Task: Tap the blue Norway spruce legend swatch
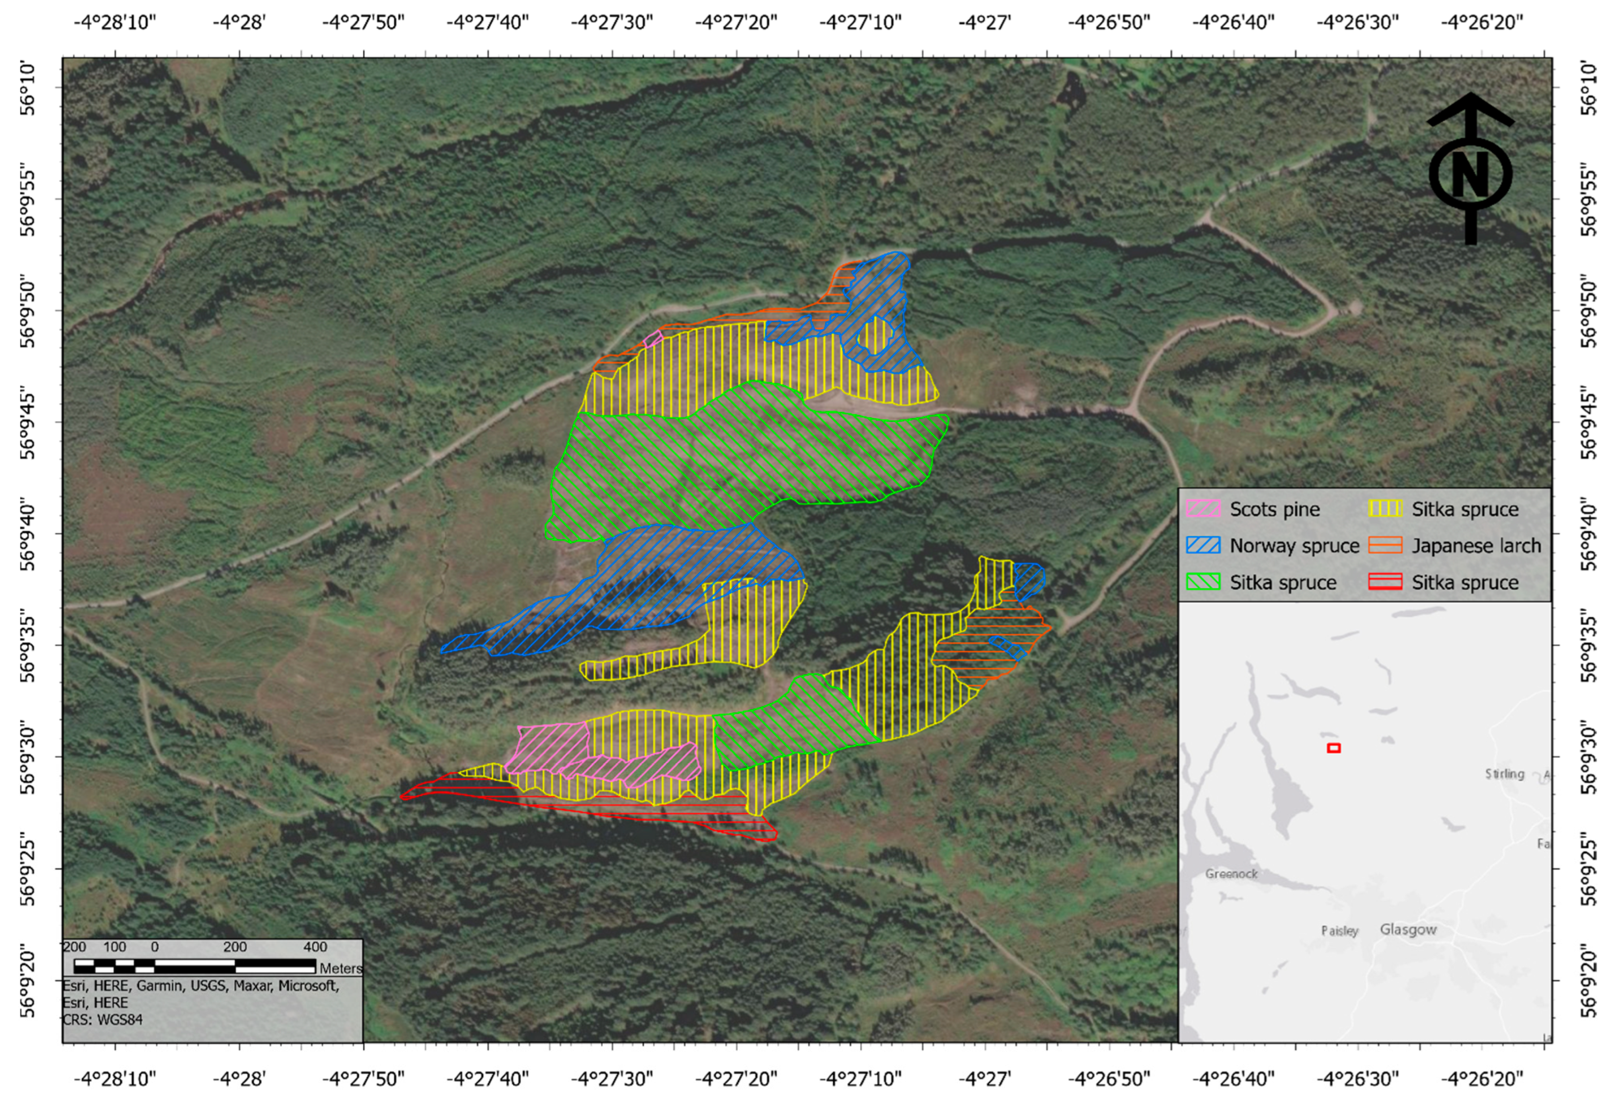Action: pyautogui.click(x=1203, y=545)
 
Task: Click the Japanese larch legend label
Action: pyautogui.click(x=1475, y=545)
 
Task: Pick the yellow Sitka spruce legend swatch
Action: pyautogui.click(x=1385, y=509)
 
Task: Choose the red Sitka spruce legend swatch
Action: pyautogui.click(x=1385, y=582)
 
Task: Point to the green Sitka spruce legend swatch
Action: pyautogui.click(x=1203, y=582)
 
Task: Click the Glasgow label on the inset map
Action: pyautogui.click(x=1408, y=930)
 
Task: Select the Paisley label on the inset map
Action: pyautogui.click(x=1339, y=931)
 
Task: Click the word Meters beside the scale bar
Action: pyautogui.click(x=341, y=968)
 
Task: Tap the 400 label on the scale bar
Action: pyautogui.click(x=315, y=947)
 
